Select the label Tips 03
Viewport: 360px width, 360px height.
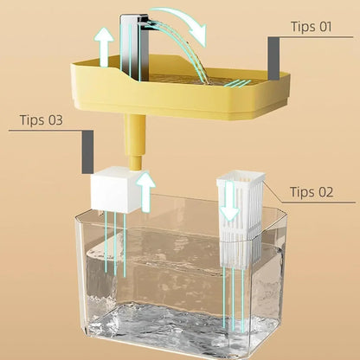(42, 119)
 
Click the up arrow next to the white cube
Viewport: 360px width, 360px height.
(146, 190)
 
